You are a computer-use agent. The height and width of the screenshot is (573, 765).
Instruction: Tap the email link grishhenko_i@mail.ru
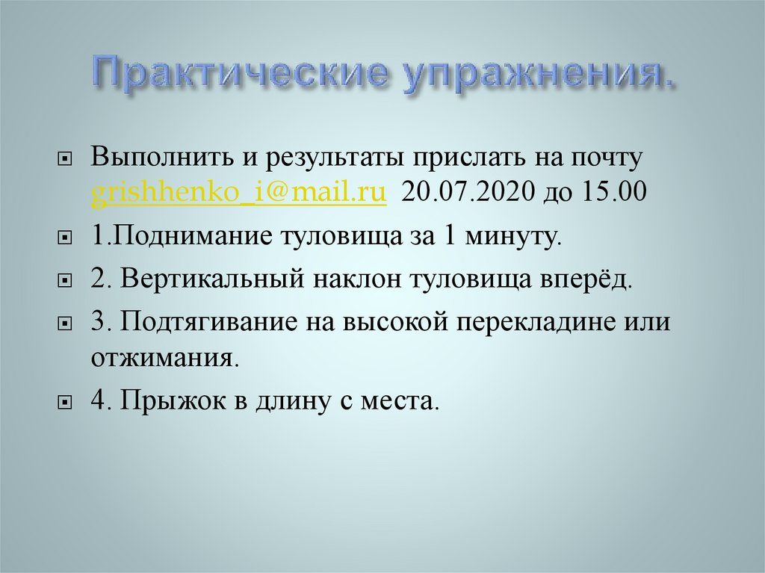click(x=239, y=193)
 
